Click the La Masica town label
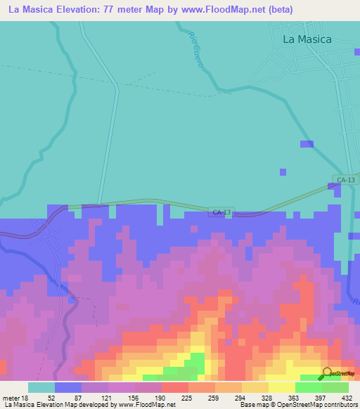(x=307, y=39)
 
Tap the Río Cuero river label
(x=196, y=49)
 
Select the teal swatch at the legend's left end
(x=41, y=387)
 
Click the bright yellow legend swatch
(x=281, y=387)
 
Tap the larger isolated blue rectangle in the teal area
(x=307, y=144)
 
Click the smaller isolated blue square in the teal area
(x=283, y=171)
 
